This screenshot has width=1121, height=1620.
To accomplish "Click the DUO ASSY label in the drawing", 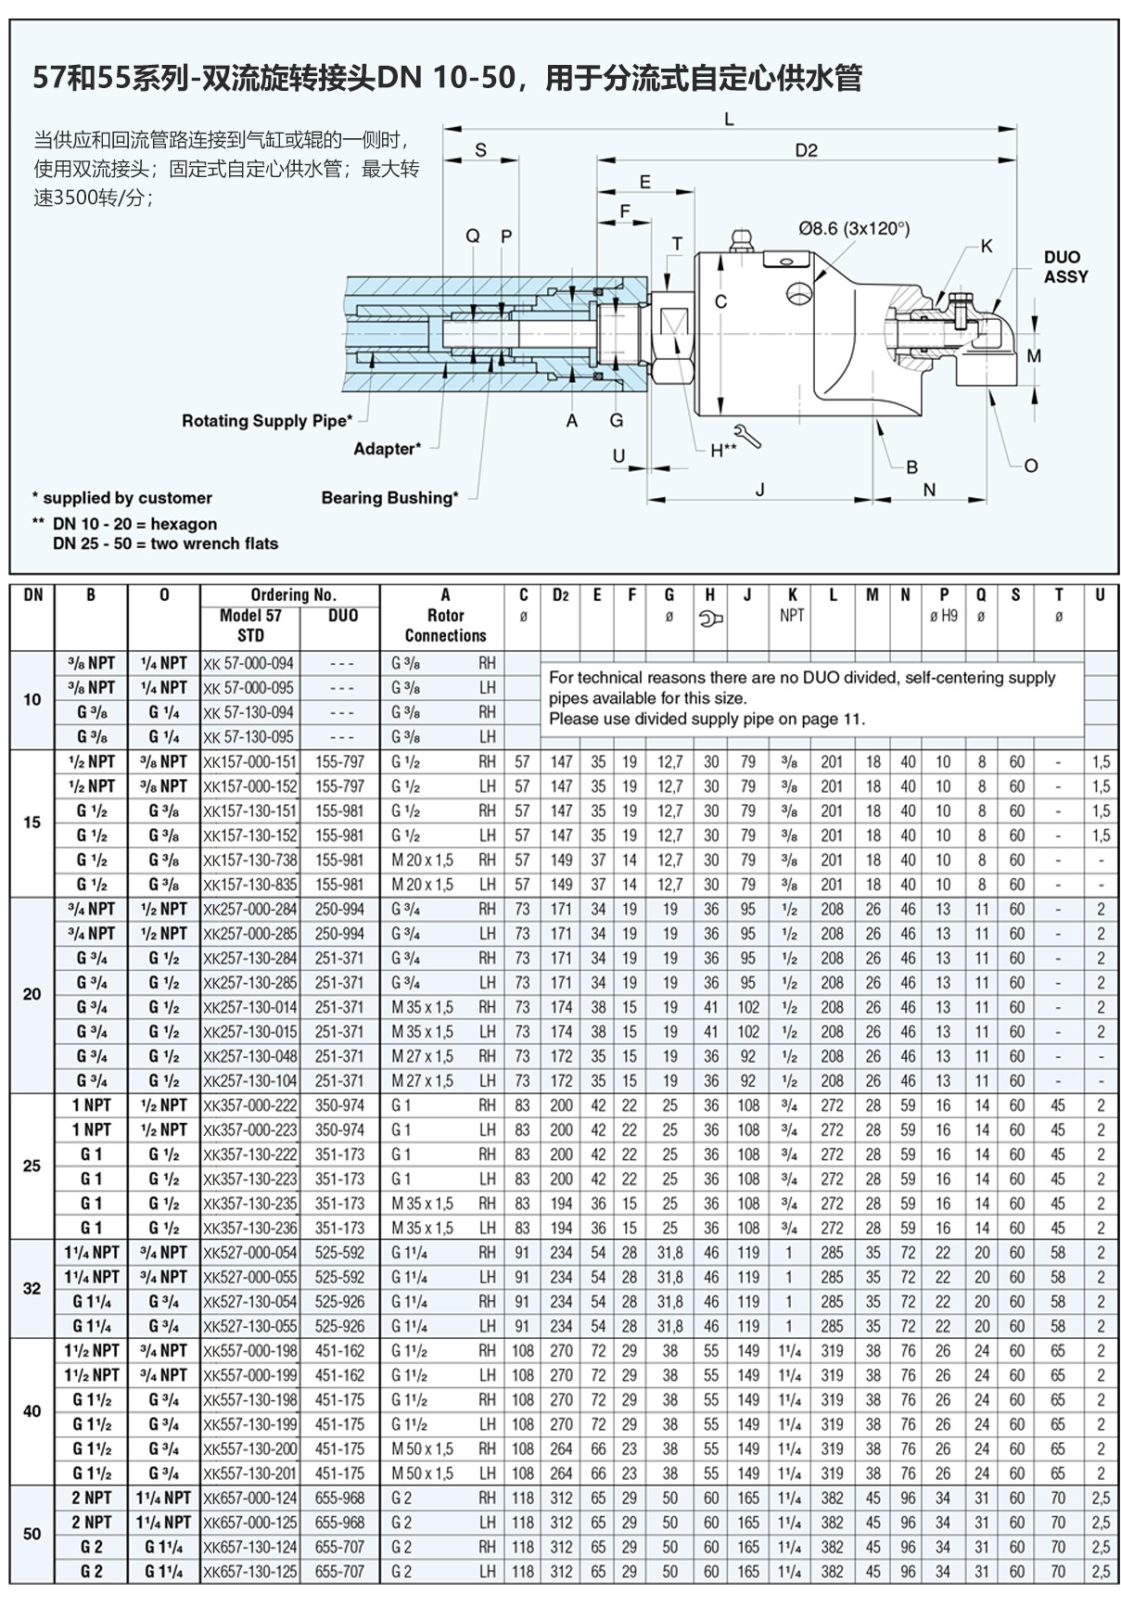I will point(1064,267).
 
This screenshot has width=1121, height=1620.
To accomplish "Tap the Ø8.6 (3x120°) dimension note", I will point(853,229).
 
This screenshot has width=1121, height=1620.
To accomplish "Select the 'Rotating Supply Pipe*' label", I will point(266,421).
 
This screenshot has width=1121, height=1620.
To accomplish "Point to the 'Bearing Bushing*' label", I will point(389,498).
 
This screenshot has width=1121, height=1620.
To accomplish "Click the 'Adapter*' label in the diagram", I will point(387,449).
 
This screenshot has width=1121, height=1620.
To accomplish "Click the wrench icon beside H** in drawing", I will point(746,436).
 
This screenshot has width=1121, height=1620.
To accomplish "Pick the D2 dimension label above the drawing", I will point(806,150).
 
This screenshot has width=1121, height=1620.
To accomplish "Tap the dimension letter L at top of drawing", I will point(729,119).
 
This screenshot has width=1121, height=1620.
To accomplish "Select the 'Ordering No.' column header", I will point(293,595).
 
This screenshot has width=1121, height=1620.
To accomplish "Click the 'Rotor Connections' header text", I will point(445,626).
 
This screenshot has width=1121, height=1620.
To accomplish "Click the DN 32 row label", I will point(32,1289).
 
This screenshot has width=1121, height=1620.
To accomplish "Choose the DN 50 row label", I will point(32,1534).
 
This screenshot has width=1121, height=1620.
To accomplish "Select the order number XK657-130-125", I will point(249,1571).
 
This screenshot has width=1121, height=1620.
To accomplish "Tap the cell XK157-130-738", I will point(249,861).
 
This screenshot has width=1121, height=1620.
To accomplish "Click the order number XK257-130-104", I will point(249,1081).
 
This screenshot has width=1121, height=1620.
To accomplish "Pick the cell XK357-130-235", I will point(249,1204).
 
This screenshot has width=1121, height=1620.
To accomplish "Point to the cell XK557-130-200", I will point(249,1448).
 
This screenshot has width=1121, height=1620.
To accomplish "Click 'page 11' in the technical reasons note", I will point(830,719).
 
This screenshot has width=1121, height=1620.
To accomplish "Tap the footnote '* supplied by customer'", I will point(121,498).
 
